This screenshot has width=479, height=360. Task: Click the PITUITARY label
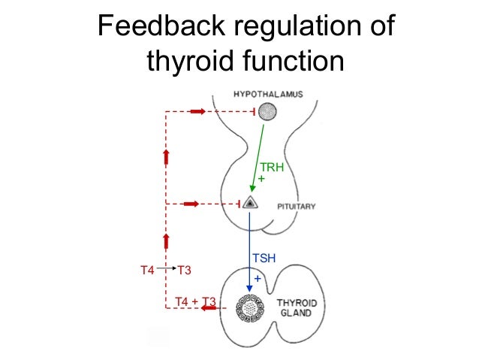(x=294, y=206)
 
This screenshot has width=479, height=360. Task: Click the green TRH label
(x=271, y=168)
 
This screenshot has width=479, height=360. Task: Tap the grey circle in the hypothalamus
(x=267, y=113)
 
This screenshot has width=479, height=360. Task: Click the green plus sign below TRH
(x=261, y=179)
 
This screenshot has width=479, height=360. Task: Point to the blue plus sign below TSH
(x=257, y=278)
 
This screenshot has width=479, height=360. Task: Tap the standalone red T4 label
(x=148, y=269)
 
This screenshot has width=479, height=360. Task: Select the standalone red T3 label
(x=183, y=269)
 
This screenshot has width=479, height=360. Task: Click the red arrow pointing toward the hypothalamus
(x=197, y=112)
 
